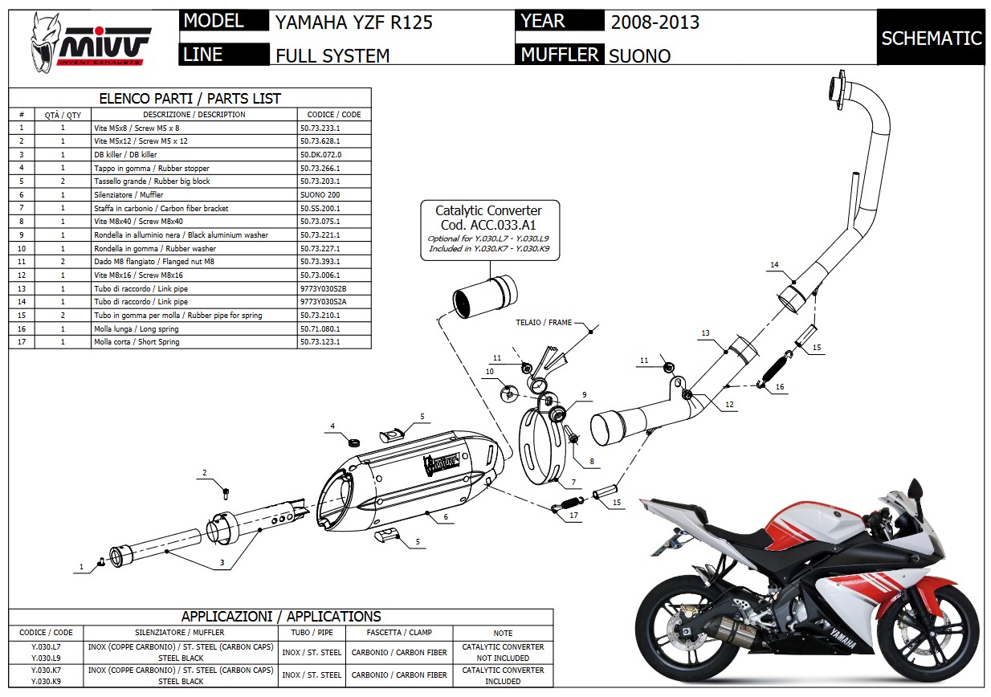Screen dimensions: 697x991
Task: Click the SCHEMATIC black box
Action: click(931, 38)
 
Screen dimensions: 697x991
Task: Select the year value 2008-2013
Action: click(655, 22)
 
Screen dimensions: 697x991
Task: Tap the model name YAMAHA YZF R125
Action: click(353, 22)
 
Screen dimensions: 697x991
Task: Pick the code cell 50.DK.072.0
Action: click(320, 154)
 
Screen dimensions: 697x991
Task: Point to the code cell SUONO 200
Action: click(320, 195)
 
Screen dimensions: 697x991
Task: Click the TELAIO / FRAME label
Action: click(544, 323)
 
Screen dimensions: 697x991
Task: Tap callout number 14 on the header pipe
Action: click(774, 264)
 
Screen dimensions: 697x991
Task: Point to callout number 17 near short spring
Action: click(573, 516)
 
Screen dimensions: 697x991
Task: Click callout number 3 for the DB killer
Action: click(222, 561)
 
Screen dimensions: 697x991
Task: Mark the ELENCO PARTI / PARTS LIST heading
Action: click(190, 99)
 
